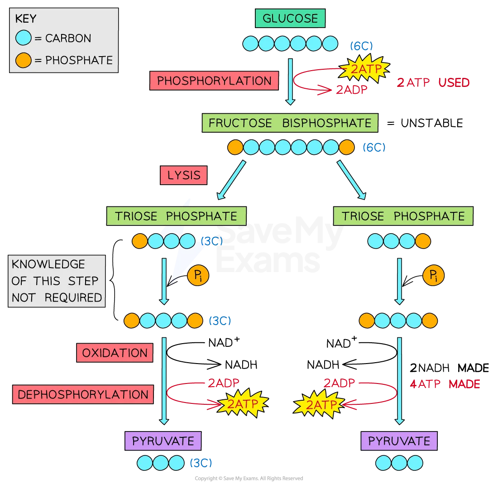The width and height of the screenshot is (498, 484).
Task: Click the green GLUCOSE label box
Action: pos(290,19)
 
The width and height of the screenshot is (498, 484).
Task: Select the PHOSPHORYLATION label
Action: pos(214,81)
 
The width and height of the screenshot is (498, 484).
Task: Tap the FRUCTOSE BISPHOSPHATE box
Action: pos(290,123)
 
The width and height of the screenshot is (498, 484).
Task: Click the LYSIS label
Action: pos(183,175)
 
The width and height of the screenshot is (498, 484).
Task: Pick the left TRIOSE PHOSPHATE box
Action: pos(176,216)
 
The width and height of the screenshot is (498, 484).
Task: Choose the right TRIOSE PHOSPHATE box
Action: pos(403,216)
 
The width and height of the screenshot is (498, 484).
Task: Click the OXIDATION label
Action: pos(115,353)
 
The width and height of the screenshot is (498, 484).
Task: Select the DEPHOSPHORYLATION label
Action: pos(83,394)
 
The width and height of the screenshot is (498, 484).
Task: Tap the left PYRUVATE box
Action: pos(163,441)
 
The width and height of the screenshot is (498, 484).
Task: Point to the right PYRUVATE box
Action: pos(399,441)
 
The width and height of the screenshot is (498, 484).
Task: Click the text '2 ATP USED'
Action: pos(433,83)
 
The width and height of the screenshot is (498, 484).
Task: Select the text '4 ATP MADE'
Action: pos(445,384)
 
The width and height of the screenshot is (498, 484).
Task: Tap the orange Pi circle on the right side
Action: pos(433,275)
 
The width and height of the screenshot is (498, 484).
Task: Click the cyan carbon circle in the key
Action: pos(23,38)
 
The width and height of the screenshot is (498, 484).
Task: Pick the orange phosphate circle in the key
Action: pos(23,60)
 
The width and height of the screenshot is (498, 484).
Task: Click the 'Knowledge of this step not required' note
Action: pos(57,281)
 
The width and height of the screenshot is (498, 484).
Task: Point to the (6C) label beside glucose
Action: pos(361,45)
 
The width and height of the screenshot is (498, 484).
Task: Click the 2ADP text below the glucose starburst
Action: pos(351,90)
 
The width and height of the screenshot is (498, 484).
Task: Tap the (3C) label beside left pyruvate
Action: pos(201,463)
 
